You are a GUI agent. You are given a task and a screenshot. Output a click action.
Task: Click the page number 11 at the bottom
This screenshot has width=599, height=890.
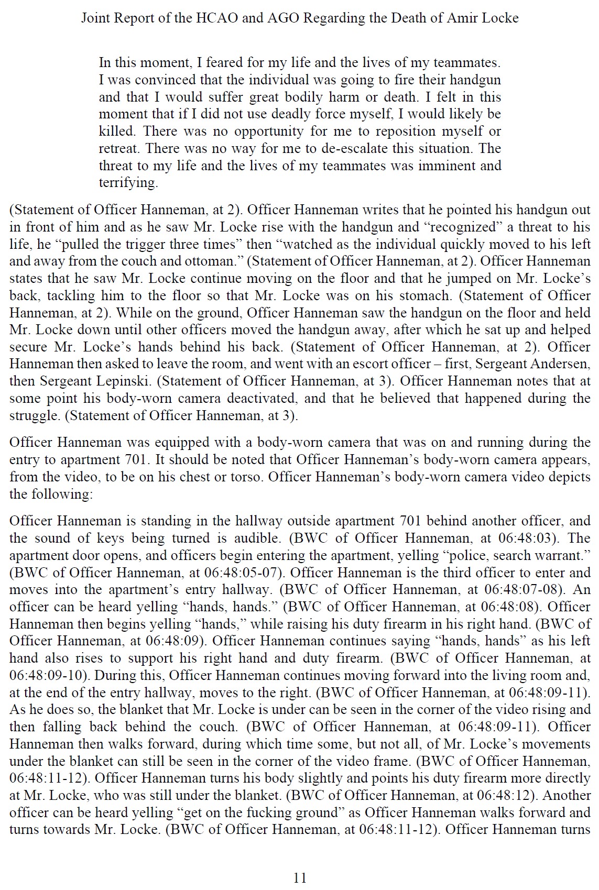click(x=300, y=877)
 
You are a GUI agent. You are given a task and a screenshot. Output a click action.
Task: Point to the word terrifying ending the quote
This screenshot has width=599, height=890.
click(x=128, y=183)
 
